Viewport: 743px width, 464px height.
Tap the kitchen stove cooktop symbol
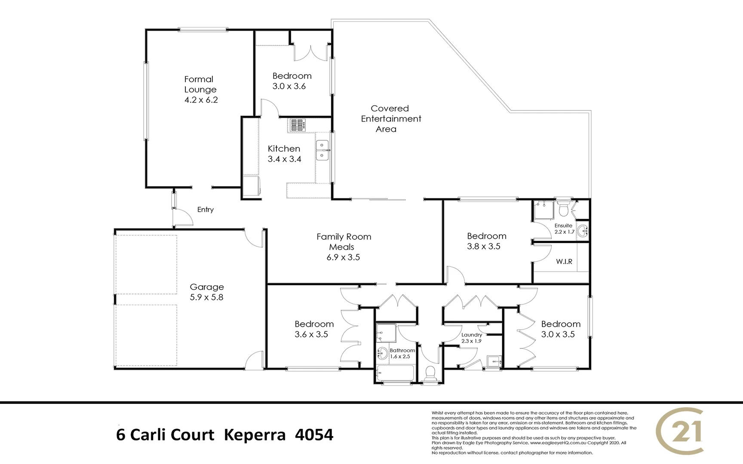click(x=297, y=125)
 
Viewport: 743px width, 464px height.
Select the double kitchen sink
click(x=322, y=150)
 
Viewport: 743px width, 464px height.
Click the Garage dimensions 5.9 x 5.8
click(x=206, y=297)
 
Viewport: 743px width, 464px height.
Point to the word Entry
click(x=206, y=210)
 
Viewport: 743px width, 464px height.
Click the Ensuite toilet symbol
click(x=563, y=210)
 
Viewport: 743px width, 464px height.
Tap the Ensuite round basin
click(x=582, y=231)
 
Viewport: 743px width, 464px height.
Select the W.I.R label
click(x=564, y=261)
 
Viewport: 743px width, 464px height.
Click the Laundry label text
click(x=472, y=335)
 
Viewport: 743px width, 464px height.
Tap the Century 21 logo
click(x=681, y=431)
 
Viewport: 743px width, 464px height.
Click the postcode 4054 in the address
click(x=314, y=435)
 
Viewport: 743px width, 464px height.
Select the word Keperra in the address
click(x=255, y=435)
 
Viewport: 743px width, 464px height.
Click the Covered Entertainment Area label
click(x=390, y=119)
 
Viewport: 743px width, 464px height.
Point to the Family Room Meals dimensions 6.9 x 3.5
click(x=343, y=257)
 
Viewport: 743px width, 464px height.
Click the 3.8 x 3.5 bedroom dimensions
click(x=484, y=247)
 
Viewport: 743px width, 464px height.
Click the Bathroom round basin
click(x=382, y=354)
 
